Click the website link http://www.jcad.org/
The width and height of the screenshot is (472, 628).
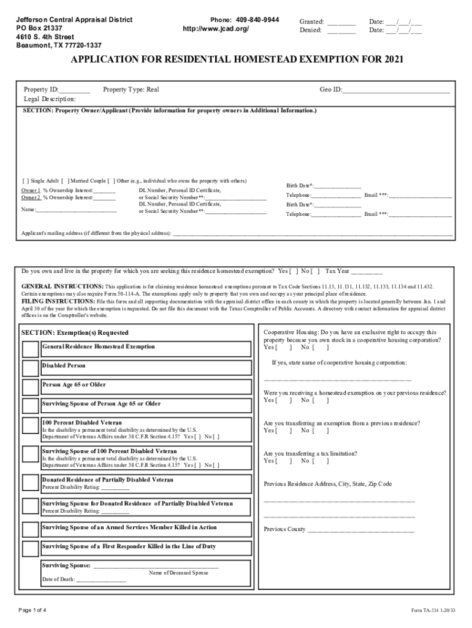click(216, 29)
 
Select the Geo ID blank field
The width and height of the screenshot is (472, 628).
click(396, 90)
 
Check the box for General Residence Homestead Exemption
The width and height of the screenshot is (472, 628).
click(31, 349)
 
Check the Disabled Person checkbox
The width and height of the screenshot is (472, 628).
click(31, 368)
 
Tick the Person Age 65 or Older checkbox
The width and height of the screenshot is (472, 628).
click(31, 387)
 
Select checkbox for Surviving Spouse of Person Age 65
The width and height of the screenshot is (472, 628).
click(31, 406)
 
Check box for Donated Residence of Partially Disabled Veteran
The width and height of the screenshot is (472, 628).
click(31, 483)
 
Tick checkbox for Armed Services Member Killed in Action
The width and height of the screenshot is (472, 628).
click(31, 530)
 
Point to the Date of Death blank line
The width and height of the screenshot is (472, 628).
click(101, 580)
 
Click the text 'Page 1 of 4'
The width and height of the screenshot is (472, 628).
click(37, 610)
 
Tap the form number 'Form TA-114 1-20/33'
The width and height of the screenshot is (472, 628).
click(433, 611)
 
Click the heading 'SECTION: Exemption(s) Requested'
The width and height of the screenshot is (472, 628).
click(75, 332)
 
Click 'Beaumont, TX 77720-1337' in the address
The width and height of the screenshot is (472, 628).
click(59, 45)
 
